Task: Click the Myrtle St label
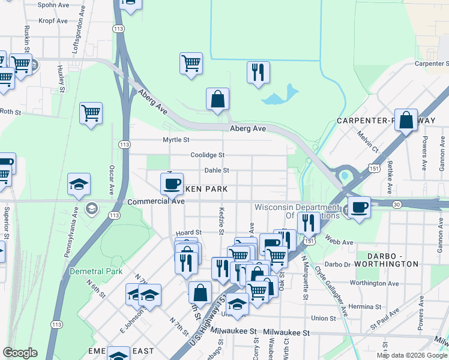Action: click(176, 140)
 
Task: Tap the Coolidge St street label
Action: click(207, 155)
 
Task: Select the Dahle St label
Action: click(217, 170)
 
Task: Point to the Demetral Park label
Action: click(88, 271)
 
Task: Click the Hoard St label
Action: click(188, 232)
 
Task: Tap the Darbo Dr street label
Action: click(337, 264)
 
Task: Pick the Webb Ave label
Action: click(339, 242)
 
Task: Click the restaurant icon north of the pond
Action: click(259, 72)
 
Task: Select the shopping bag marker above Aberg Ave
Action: click(217, 100)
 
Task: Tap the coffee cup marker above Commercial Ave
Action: click(172, 184)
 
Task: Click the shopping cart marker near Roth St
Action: click(91, 112)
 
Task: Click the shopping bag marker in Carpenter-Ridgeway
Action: click(406, 119)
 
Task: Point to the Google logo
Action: click(20, 353)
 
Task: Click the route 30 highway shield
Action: click(397, 205)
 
